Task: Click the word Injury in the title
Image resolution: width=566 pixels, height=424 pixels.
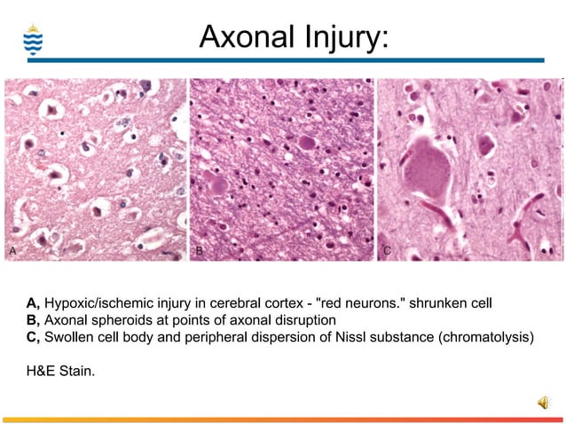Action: click(x=341, y=37)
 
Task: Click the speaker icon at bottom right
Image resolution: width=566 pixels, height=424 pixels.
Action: click(x=542, y=404)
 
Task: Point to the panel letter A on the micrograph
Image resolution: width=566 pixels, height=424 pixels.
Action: click(x=12, y=252)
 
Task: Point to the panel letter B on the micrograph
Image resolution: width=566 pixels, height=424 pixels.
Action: click(x=200, y=252)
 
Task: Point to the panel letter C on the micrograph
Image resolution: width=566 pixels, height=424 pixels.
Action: click(x=387, y=252)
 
